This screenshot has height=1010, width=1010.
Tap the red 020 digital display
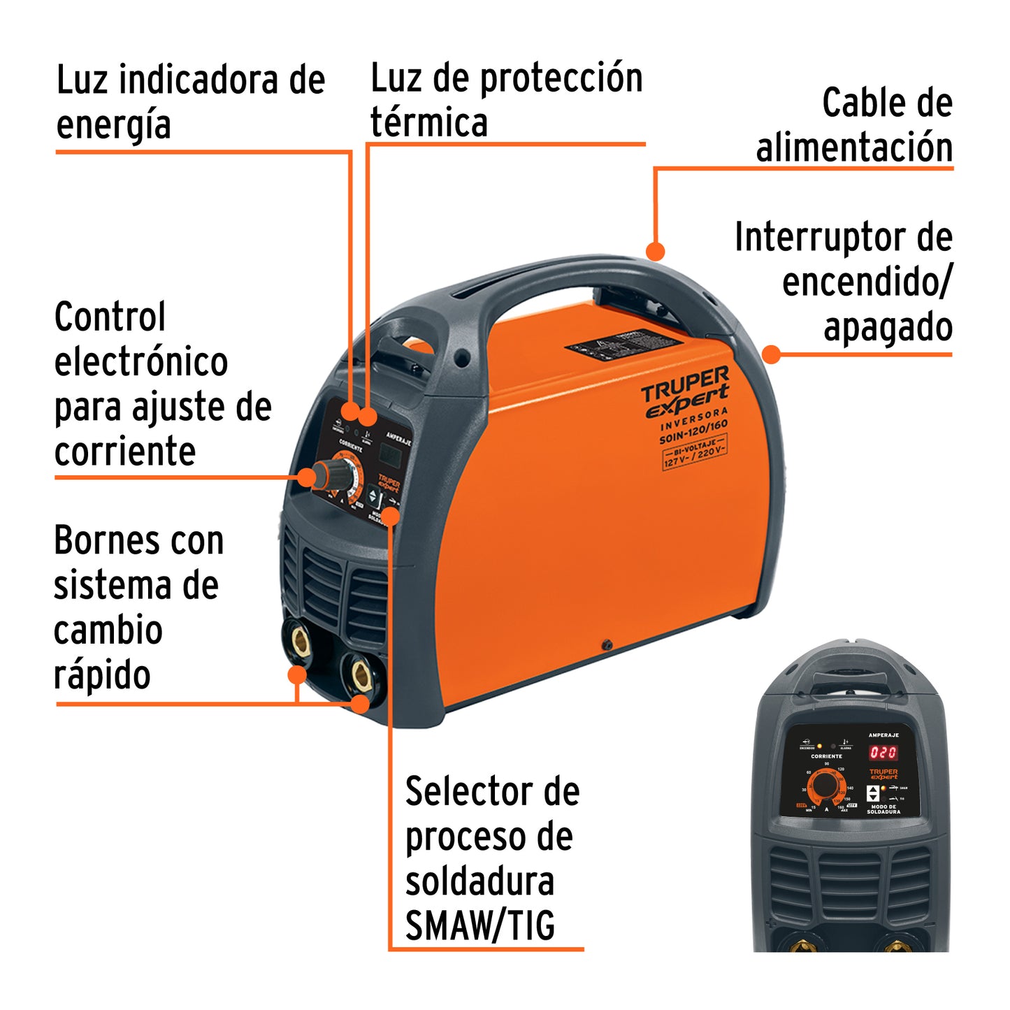pyautogui.click(x=883, y=752)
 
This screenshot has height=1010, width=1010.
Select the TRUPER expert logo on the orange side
pyautogui.click(x=685, y=393)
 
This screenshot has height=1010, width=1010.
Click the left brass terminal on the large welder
pyautogui.click(x=301, y=640)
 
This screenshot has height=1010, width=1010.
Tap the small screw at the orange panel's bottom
pyautogui.click(x=607, y=644)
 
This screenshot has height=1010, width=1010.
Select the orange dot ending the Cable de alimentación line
pyautogui.click(x=655, y=251)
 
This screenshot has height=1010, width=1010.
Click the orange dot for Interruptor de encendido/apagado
pyautogui.click(x=771, y=354)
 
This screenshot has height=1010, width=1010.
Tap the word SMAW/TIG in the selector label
pyautogui.click(x=480, y=926)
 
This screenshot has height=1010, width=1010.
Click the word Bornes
pyautogui.click(x=100, y=541)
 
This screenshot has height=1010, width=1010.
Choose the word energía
pyautogui.click(x=113, y=126)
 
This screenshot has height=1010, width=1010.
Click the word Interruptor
pyautogui.click(x=822, y=238)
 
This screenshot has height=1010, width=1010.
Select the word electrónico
pyautogui.click(x=141, y=362)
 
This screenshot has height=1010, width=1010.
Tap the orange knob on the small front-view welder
pyautogui.click(x=825, y=786)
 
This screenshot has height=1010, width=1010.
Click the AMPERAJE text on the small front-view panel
pyautogui.click(x=883, y=735)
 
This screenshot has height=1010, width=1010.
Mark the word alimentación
pyautogui.click(x=854, y=148)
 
